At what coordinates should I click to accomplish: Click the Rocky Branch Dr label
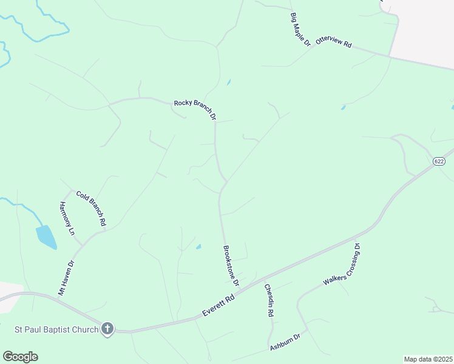click(195, 109)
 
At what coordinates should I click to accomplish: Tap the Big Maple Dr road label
click(300, 29)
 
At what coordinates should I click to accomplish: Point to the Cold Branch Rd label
click(92, 208)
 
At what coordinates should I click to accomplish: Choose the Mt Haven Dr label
click(66, 278)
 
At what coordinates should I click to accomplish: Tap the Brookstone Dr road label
click(231, 265)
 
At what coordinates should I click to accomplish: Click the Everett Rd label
click(217, 307)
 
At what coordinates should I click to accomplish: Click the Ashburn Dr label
click(285, 343)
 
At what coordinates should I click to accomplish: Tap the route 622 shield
click(439, 161)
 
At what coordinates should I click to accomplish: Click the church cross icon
click(107, 329)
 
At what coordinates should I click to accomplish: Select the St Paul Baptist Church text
click(56, 330)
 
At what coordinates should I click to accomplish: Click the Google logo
click(20, 357)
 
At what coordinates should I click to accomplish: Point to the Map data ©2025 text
click(427, 359)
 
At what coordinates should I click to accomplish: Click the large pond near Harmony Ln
click(46, 237)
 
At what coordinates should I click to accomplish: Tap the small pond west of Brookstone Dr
click(198, 246)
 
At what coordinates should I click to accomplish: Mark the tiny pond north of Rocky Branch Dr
click(228, 82)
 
